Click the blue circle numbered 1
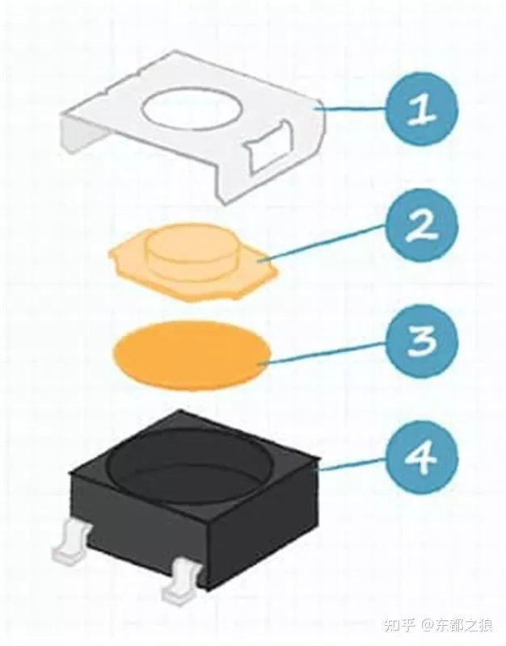click(422, 108)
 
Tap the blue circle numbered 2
click(422, 225)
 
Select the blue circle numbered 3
click(422, 342)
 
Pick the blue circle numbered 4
click(422, 457)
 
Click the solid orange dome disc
click(192, 354)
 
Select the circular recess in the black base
click(190, 461)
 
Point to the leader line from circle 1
click(351, 109)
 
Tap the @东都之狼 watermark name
click(457, 625)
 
